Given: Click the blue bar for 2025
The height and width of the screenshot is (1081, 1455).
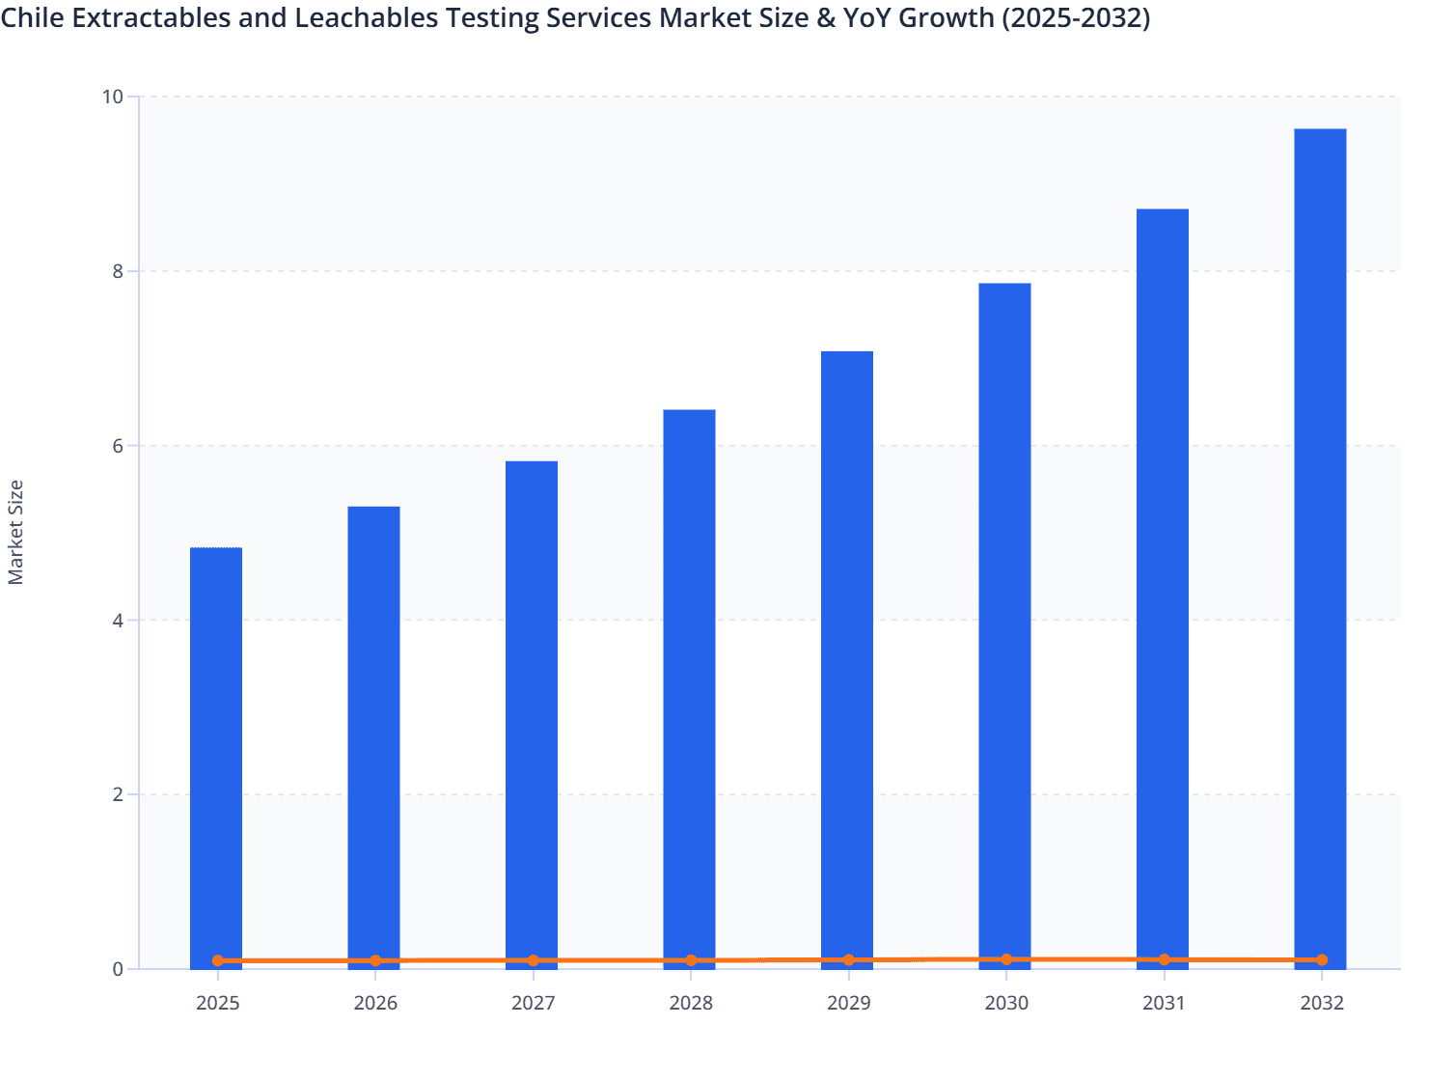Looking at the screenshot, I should (216, 753).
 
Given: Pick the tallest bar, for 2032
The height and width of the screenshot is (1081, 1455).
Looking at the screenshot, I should (1320, 540).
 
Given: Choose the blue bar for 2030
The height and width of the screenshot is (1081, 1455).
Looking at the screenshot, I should (1004, 618).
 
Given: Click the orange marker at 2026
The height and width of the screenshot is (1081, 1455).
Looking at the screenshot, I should (375, 960).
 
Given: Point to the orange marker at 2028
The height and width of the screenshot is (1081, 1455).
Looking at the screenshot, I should (691, 960).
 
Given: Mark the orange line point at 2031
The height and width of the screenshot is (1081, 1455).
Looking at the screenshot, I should (1164, 959).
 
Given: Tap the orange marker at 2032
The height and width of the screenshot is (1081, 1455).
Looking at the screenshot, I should (1322, 959).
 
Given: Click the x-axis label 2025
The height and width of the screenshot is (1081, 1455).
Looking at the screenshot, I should (217, 1003).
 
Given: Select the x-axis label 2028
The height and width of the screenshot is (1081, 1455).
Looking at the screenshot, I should (691, 1003).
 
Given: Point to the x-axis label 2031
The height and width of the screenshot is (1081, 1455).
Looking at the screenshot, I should (1164, 1003).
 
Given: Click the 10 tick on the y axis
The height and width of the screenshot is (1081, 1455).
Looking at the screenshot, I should (112, 97).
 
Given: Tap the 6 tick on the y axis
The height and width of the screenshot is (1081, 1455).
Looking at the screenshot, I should (118, 446).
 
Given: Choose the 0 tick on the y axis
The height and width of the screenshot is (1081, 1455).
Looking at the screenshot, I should (118, 969).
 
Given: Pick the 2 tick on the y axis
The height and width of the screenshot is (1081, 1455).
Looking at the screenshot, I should (118, 794).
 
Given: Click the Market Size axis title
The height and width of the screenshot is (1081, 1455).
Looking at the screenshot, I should (15, 532).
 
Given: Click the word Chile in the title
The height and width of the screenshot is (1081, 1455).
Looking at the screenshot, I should (33, 18).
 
